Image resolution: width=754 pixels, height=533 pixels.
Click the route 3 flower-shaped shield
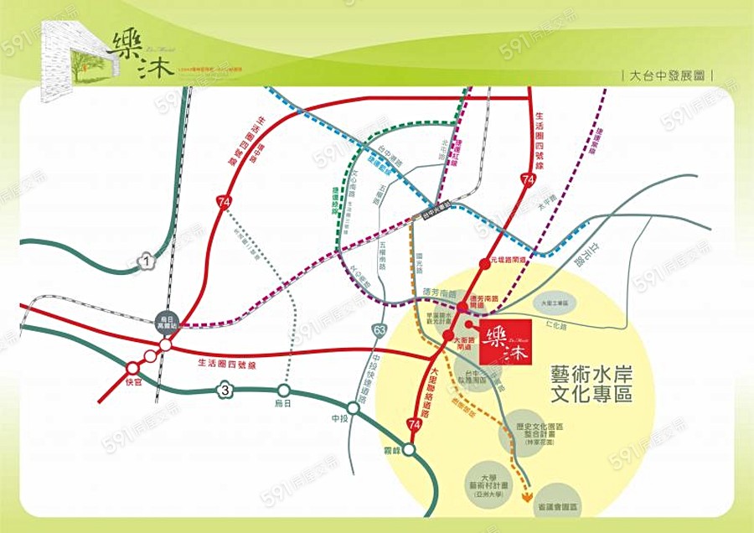225,389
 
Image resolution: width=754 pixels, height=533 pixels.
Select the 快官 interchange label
133,382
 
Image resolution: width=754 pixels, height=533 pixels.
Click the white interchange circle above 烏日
284,391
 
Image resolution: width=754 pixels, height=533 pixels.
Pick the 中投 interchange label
339,419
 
